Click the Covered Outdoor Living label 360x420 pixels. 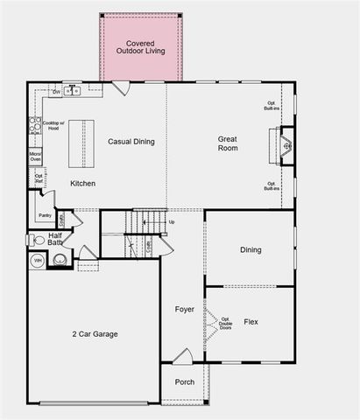[140, 47]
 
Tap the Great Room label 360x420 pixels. [229, 143]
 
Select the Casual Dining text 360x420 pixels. [132, 141]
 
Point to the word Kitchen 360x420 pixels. [83, 183]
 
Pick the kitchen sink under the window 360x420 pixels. [73, 90]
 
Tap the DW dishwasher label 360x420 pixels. [56, 91]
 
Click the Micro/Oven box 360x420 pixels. [35, 157]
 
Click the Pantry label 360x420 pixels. [45, 214]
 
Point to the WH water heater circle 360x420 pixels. [38, 261]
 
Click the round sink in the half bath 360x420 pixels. [60, 259]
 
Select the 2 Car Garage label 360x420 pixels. [95, 333]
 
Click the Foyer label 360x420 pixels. [184, 309]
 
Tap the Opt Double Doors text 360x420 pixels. [225, 324]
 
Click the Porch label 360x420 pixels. [185, 381]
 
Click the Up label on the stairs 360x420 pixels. [171, 221]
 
